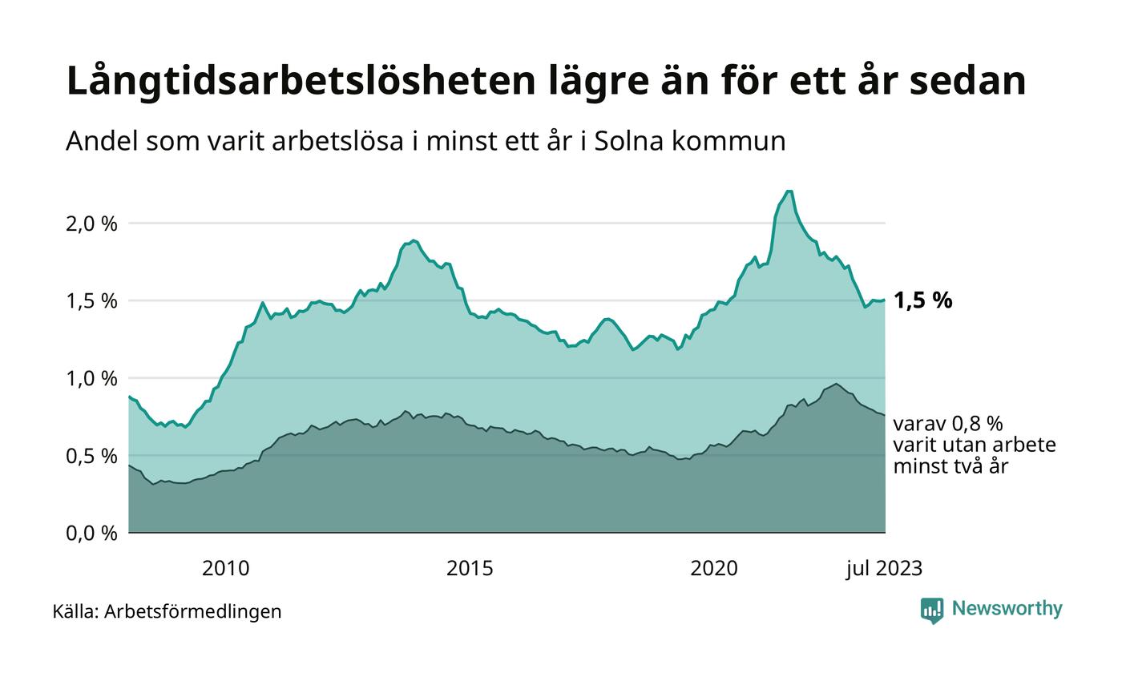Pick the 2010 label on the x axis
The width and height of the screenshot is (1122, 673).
(x=225, y=569)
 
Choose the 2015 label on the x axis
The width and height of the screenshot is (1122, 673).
(x=470, y=569)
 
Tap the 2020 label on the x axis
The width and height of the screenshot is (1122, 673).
(x=714, y=569)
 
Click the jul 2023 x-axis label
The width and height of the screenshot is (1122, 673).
(x=885, y=569)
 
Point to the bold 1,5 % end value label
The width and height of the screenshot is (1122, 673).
(x=922, y=301)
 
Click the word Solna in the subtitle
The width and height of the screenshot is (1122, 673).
(x=625, y=141)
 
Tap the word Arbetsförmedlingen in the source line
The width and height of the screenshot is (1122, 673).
(x=193, y=611)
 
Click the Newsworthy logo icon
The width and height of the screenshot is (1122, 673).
(x=932, y=611)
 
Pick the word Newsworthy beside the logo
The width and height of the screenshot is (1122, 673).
(x=1007, y=609)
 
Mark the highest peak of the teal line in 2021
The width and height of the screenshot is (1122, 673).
(x=789, y=191)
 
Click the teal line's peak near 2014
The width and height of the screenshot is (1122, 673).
(x=413, y=240)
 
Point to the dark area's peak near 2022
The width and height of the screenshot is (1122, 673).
(x=836, y=384)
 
